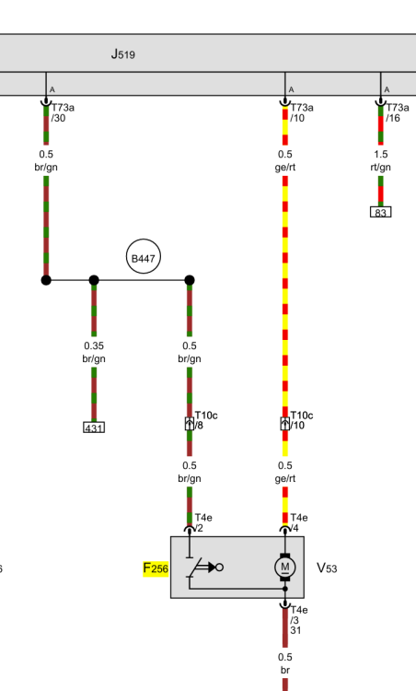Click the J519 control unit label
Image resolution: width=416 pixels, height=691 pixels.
click(122, 54)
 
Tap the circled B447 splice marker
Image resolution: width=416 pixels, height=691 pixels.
click(143, 256)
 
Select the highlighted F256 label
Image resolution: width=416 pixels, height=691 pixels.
click(156, 568)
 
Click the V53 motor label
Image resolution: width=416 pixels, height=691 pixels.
click(327, 568)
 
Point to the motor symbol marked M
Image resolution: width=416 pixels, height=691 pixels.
click(284, 567)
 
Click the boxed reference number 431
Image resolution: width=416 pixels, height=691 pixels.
click(94, 427)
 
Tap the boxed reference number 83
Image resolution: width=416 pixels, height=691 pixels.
click(381, 212)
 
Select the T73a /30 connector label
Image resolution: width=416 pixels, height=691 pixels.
click(63, 112)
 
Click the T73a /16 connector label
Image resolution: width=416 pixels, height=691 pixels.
click(397, 112)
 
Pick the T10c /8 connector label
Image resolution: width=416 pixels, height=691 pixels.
click(205, 420)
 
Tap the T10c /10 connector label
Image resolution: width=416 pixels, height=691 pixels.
click(302, 420)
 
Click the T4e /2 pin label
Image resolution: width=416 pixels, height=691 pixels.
click(202, 522)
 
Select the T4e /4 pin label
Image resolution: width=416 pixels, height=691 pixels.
click(299, 522)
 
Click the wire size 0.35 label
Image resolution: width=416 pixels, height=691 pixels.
click(94, 345)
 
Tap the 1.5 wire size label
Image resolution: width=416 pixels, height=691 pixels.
click(381, 154)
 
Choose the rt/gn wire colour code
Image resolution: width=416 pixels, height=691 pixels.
click(381, 167)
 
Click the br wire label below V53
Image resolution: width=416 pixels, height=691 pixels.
click(284, 670)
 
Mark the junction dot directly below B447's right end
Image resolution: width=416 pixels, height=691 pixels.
click(190, 280)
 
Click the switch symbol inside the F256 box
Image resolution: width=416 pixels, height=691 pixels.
click(205, 568)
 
